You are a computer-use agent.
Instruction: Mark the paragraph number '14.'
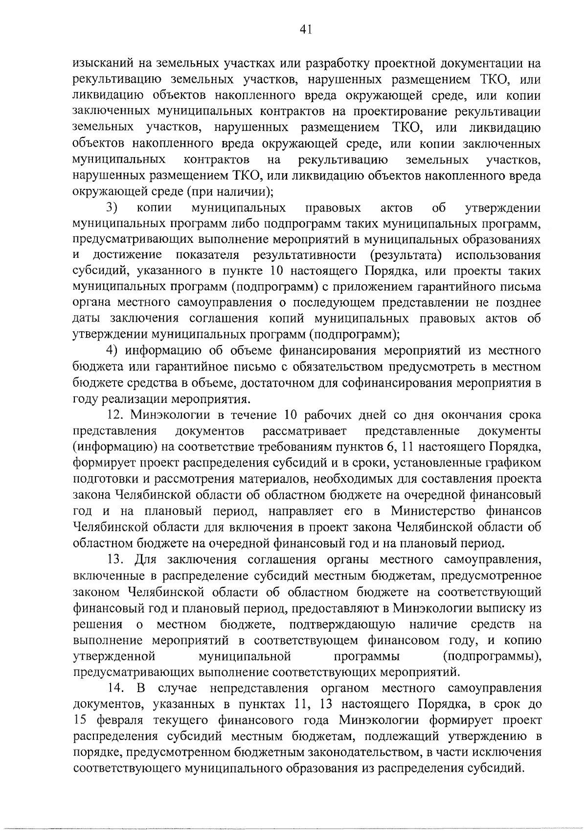(x=117, y=688)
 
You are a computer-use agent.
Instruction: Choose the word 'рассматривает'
(x=304, y=431)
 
